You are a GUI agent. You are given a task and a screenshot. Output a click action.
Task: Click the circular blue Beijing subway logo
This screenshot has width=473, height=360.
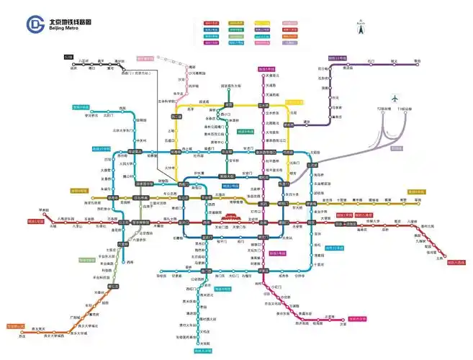34,24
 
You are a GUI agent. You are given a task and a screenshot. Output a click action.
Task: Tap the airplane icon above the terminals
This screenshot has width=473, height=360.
395,99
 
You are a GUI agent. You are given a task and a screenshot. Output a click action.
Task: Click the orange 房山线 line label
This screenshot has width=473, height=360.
16,326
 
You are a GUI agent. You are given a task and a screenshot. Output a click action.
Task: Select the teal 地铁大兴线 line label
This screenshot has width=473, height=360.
204,351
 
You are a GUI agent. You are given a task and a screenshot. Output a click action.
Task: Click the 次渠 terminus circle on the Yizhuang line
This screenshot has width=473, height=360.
343,322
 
